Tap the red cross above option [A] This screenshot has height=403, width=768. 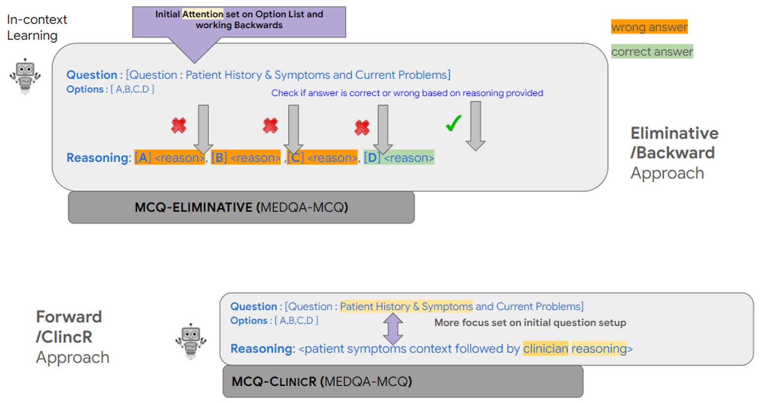(179, 125)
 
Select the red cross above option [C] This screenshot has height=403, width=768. (362, 127)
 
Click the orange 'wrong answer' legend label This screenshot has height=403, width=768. (649, 27)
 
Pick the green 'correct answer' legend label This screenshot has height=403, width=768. (652, 52)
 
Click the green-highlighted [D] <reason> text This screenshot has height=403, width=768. (399, 158)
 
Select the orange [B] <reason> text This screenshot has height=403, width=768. (246, 158)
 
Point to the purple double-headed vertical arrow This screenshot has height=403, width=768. (393, 329)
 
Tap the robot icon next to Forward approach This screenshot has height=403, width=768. (191, 341)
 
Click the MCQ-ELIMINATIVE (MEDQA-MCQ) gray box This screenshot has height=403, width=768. (241, 208)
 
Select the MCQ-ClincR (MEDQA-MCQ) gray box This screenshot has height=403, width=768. (403, 382)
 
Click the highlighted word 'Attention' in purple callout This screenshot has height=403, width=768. (203, 14)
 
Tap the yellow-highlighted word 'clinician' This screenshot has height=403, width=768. (545, 349)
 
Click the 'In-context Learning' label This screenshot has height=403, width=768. (36, 27)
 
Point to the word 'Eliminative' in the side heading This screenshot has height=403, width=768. (674, 133)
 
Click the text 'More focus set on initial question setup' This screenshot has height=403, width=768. (530, 322)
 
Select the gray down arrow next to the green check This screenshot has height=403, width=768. (476, 125)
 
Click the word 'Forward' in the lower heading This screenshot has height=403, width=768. (69, 317)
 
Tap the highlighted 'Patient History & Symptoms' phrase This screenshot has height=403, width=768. (406, 306)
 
